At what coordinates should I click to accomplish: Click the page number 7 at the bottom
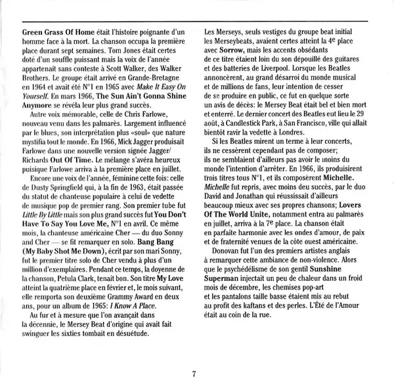tap(195, 374)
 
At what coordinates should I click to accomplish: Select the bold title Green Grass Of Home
tap(58, 32)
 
